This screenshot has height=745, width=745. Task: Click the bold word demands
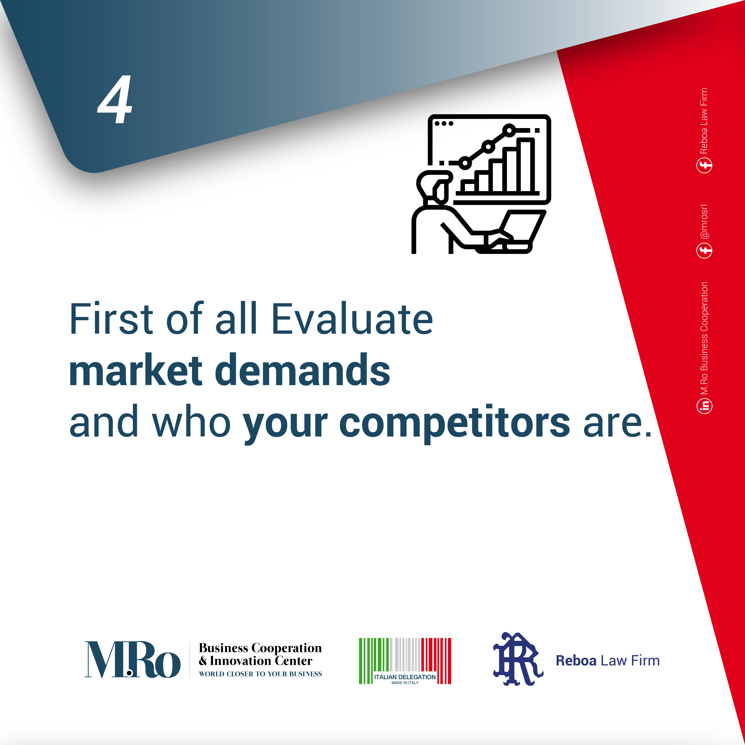click(x=302, y=369)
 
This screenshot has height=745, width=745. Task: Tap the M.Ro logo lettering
click(x=132, y=660)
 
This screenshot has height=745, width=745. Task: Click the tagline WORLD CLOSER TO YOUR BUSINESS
click(x=260, y=674)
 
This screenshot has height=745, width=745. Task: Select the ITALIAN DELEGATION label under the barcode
click(x=405, y=677)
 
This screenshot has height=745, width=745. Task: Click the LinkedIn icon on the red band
click(x=705, y=406)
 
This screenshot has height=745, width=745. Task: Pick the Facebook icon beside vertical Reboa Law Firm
click(x=705, y=165)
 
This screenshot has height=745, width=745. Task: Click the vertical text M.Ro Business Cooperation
click(x=704, y=338)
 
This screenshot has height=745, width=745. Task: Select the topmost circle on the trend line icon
click(x=509, y=130)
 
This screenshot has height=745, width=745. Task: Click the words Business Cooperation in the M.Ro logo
click(x=260, y=648)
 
